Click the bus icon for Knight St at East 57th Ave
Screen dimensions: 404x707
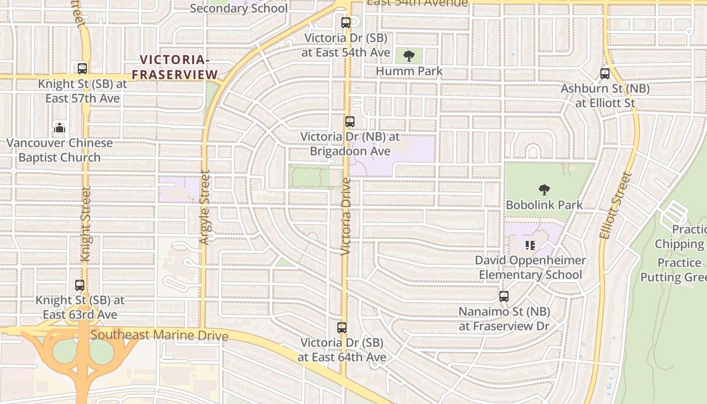click(x=82, y=69)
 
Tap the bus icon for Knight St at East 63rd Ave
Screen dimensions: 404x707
click(x=80, y=285)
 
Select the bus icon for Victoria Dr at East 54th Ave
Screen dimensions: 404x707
click(x=345, y=23)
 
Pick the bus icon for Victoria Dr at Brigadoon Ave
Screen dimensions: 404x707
click(x=349, y=122)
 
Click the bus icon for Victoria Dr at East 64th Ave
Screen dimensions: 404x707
click(x=342, y=328)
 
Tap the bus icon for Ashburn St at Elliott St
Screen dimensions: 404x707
click(x=605, y=74)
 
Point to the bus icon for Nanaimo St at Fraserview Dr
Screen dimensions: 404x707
click(x=503, y=296)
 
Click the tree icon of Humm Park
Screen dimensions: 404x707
click(x=409, y=56)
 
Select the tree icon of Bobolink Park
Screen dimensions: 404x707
click(x=544, y=190)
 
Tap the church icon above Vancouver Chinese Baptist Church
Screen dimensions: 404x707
click(x=60, y=128)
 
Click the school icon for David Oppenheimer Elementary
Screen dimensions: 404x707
click(x=530, y=245)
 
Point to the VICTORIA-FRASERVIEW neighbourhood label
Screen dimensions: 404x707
click(x=174, y=67)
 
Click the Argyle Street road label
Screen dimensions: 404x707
click(x=204, y=207)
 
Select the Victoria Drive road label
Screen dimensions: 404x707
click(x=346, y=216)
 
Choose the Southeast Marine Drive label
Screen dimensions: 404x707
click(x=159, y=335)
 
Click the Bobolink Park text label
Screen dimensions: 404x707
click(x=544, y=205)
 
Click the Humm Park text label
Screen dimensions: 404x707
click(x=409, y=71)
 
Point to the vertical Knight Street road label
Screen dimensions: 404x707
click(x=86, y=224)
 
